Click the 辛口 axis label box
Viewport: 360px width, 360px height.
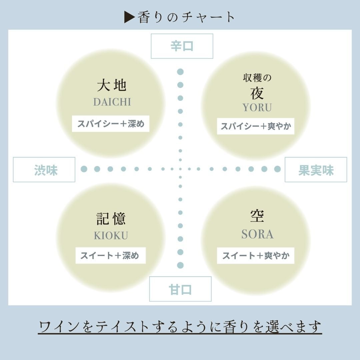[182, 46]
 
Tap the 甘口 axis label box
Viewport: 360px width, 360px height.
[180, 289]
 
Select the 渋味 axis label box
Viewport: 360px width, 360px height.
[44, 170]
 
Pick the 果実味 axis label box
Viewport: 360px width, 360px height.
[316, 170]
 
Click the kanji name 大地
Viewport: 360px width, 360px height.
[111, 85]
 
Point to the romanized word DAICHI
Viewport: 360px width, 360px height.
[112, 102]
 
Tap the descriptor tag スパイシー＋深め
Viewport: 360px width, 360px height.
[111, 124]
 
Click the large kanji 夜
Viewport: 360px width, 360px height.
[257, 93]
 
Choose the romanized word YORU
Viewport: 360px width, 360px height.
[257, 107]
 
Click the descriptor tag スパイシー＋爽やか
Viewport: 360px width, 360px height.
[255, 126]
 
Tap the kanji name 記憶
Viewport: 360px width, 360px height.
[111, 219]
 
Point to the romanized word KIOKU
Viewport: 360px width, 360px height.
[111, 235]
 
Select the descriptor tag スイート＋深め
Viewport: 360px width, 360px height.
[110, 256]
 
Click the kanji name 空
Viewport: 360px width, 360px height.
[257, 216]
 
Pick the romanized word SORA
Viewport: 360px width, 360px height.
[257, 234]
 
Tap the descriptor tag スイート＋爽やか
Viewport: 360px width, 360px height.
[256, 256]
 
